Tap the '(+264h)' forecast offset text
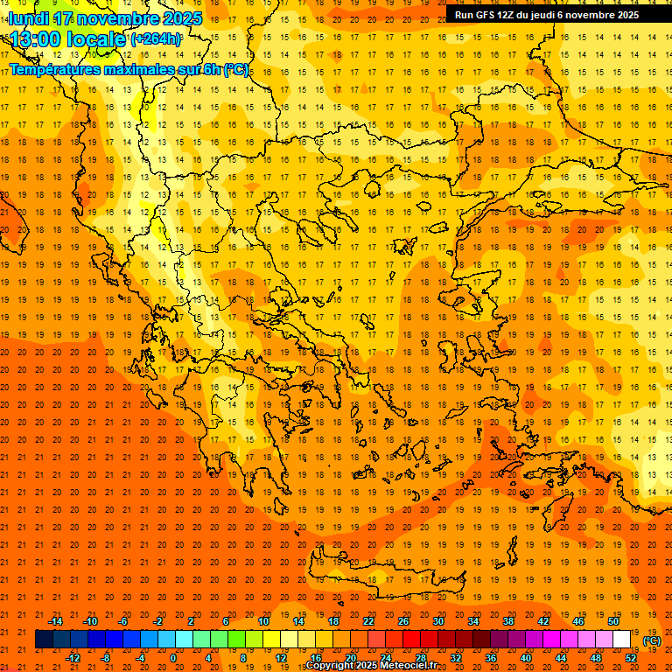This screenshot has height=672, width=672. click(x=156, y=39)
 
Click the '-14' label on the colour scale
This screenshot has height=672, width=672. click(x=55, y=621)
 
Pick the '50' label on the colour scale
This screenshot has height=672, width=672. click(x=613, y=621)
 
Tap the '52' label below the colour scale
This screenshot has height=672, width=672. click(x=631, y=658)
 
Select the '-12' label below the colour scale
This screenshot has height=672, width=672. click(x=73, y=658)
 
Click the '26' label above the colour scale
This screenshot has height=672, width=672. click(x=403, y=621)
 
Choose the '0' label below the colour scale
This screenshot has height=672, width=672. click(x=173, y=658)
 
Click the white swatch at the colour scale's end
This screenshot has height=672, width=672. click(x=622, y=640)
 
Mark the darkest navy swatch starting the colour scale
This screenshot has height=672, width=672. click(x=44, y=640)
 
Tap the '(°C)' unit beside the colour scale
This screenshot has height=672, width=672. click(x=652, y=640)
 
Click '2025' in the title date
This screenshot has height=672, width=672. click(x=183, y=18)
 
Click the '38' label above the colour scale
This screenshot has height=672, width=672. click(x=508, y=621)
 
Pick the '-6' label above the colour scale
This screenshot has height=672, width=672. click(x=123, y=621)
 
